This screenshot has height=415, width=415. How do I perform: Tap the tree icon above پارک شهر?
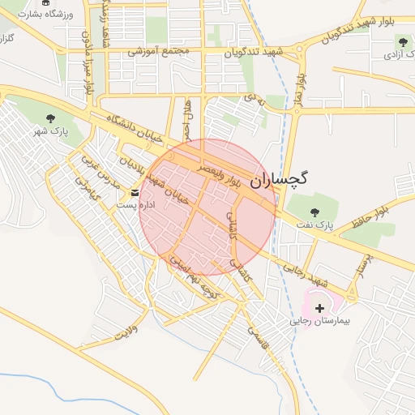pos(51,118)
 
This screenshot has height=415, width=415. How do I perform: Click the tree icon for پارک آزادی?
pos(403,41)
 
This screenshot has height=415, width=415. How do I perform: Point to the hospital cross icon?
pos(319,308)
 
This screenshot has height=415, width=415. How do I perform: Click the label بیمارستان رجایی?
pos(319,322)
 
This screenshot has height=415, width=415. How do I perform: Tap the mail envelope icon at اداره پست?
pos(135,193)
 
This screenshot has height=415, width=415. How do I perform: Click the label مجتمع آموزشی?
pos(159,51)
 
